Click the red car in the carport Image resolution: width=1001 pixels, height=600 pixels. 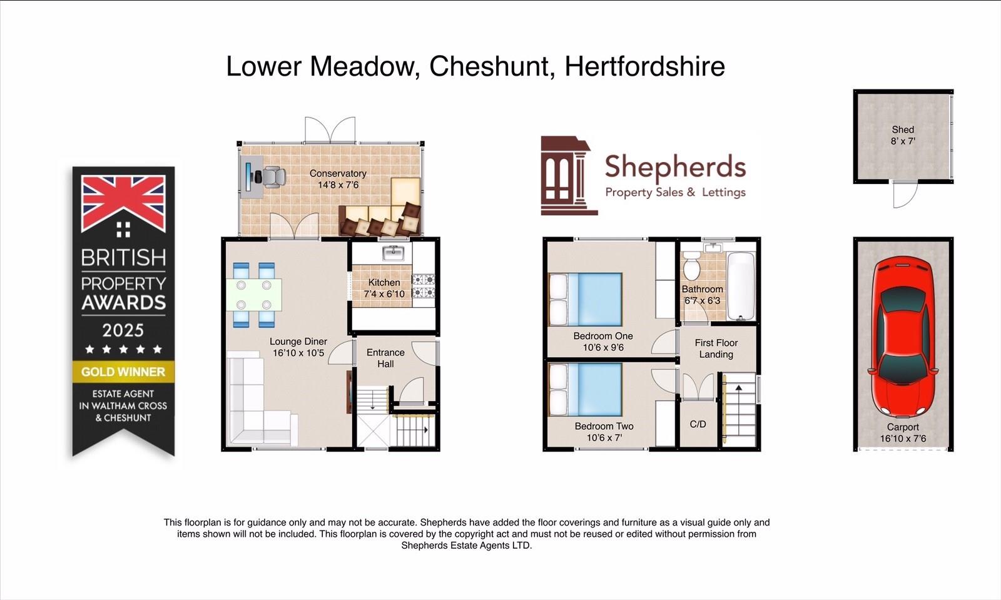(902, 337)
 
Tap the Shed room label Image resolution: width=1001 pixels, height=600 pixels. (903, 130)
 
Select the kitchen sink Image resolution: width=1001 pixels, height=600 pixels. (394, 253)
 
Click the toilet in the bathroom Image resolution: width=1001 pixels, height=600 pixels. (692, 265)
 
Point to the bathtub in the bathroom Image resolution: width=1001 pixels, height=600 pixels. (741, 286)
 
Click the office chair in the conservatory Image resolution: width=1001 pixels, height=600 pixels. (273, 176)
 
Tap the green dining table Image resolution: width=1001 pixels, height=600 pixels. (254, 295)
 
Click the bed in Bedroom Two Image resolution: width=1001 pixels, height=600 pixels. (586, 389)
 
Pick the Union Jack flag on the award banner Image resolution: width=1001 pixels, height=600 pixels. (123, 204)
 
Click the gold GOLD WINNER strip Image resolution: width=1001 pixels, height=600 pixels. (123, 372)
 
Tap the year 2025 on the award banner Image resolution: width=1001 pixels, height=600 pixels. (123, 330)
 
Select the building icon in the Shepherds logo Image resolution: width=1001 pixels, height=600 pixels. (569, 176)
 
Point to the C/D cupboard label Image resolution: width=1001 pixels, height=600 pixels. (698, 424)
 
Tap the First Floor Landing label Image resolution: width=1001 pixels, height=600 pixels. (716, 348)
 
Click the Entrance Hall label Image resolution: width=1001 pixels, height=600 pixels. (385, 358)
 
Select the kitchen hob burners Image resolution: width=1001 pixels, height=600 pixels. (423, 286)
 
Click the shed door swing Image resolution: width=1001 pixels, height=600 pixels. (905, 195)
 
